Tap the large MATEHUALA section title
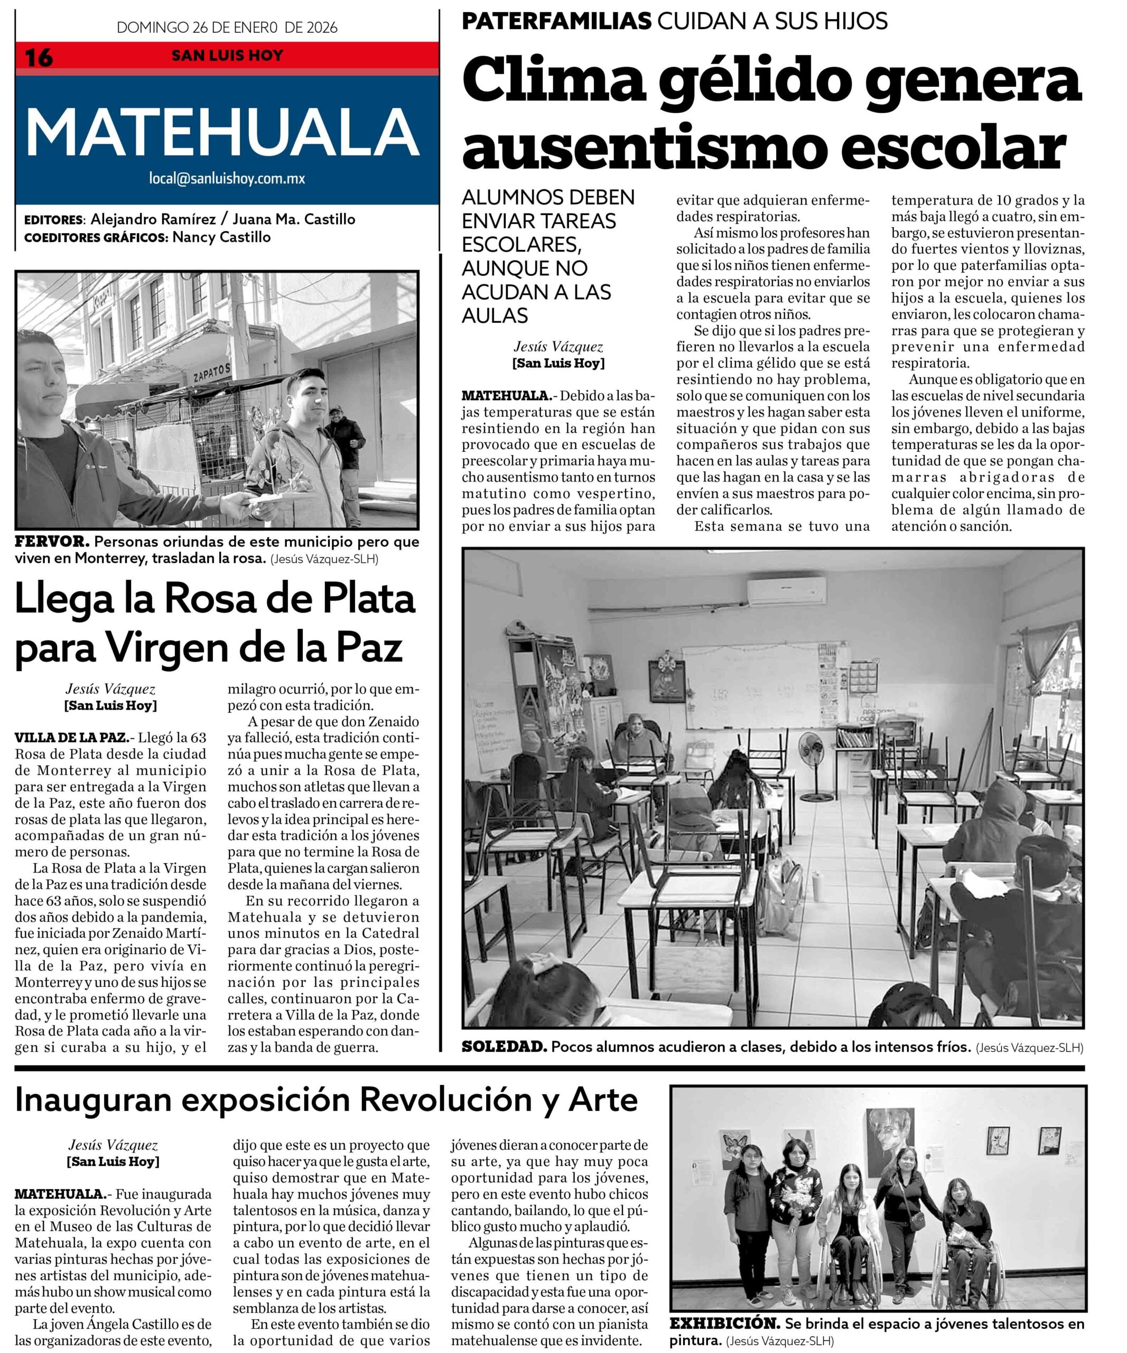tap(223, 132)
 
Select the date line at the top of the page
tap(227, 27)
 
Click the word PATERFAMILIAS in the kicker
tap(556, 21)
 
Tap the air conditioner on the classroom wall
tap(786, 591)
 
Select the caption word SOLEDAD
tap(504, 1047)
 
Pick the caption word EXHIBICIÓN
tap(724, 1324)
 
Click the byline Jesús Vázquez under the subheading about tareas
tap(558, 347)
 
